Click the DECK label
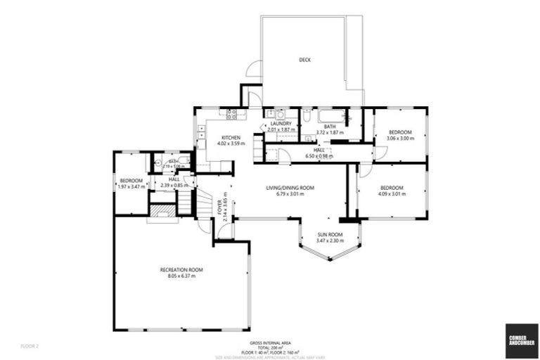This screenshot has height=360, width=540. tap(304, 60)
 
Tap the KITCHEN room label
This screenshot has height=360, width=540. tap(231, 137)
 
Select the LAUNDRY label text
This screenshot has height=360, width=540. tap(280, 124)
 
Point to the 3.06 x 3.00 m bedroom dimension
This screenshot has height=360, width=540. tap(400, 139)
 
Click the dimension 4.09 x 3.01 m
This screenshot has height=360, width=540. tap(392, 194)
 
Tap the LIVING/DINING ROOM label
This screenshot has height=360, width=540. tap(290, 188)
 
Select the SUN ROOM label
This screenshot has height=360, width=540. tap(329, 234)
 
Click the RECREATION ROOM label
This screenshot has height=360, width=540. tap(181, 270)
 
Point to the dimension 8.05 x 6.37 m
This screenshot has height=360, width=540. tap(181, 276)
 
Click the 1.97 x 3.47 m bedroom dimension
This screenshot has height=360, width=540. tap(131, 187)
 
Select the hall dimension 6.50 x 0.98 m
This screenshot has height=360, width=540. tap(319, 156)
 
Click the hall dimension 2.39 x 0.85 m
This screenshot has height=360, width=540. tap(174, 186)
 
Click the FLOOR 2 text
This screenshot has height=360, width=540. tap(30, 347)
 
